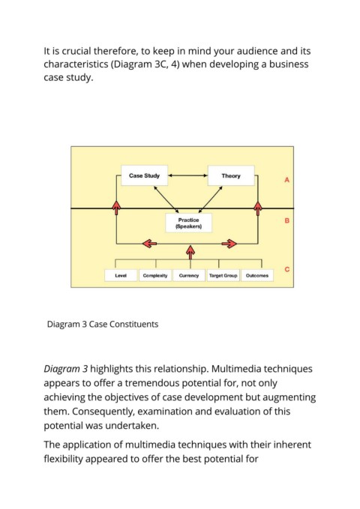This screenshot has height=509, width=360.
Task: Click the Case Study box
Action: tap(144, 175)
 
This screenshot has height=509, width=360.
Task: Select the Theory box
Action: tap(231, 175)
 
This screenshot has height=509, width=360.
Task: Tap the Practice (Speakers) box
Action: tap(188, 223)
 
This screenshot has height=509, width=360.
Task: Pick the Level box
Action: tap(121, 276)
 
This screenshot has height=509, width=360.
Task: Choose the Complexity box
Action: tap(155, 276)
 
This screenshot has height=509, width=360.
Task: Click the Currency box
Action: tap(189, 276)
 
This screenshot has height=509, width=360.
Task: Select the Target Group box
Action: tap(223, 276)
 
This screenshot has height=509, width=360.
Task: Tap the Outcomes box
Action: tap(257, 276)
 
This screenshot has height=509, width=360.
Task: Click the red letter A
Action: tap(286, 180)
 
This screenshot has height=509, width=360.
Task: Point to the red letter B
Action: tap(287, 220)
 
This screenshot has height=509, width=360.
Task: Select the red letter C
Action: tap(287, 269)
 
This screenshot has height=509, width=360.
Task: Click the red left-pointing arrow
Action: tap(150, 243)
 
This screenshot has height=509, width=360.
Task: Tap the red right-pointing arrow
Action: tap(229, 244)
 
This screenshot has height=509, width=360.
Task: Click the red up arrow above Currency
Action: tap(190, 253)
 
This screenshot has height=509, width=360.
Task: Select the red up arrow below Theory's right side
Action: tap(258, 208)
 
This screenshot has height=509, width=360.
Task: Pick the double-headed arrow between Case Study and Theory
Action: tap(187, 175)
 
